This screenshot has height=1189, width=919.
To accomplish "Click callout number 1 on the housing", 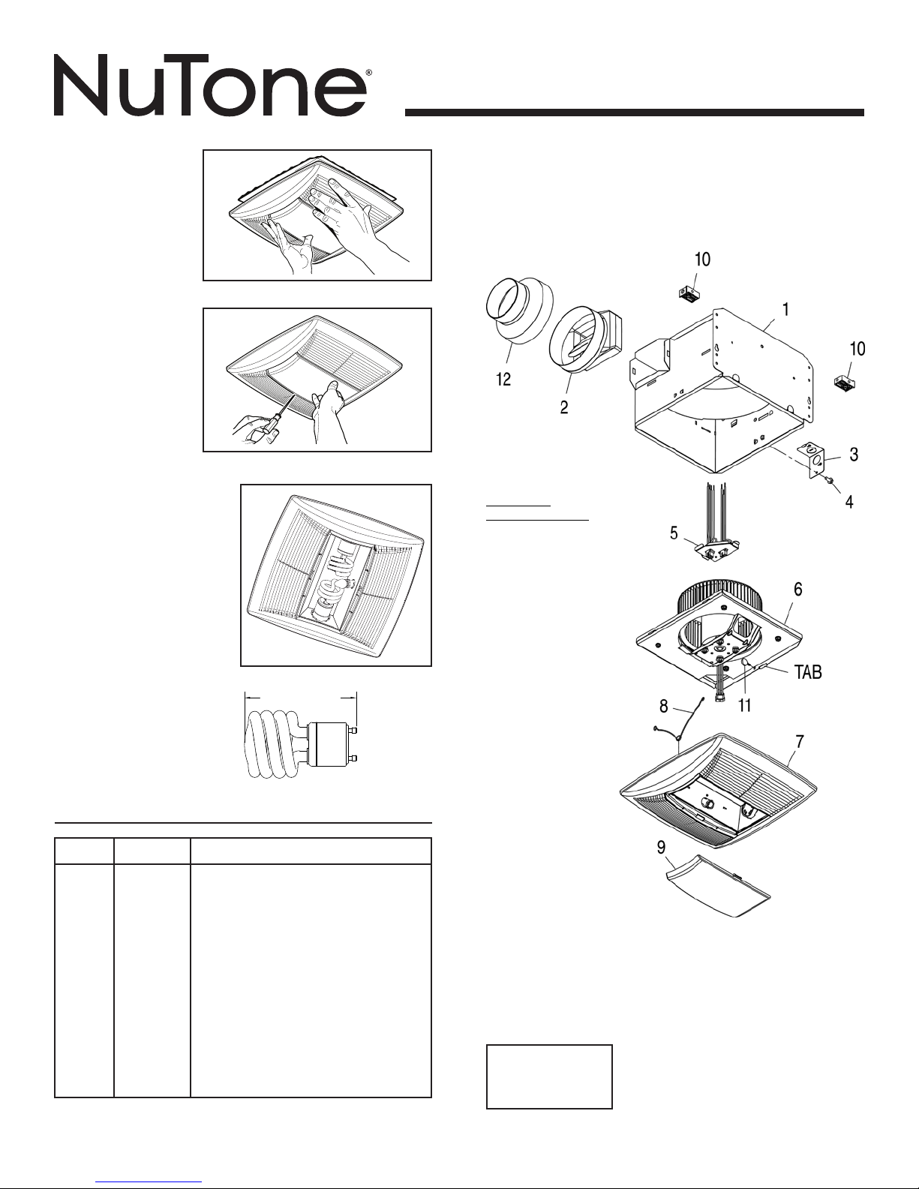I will tap(785, 308).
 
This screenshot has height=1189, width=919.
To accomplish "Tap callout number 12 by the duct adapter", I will tap(503, 380).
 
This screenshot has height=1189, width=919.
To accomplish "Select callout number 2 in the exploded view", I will tap(563, 407).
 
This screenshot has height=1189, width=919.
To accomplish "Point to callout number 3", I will tap(854, 455).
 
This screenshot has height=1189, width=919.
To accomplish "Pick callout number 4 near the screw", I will tap(848, 503).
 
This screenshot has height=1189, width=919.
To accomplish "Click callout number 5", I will tap(674, 533).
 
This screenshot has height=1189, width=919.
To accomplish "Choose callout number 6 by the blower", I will tap(798, 590).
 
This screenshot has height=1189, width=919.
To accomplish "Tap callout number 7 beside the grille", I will tap(800, 742).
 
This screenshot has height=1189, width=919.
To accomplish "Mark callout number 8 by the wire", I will tap(663, 706).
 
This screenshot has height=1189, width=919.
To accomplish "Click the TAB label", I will tap(808, 673).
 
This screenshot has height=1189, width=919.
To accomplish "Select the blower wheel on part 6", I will tap(698, 601).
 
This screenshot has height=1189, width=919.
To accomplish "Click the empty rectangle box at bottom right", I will tap(549, 1076).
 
